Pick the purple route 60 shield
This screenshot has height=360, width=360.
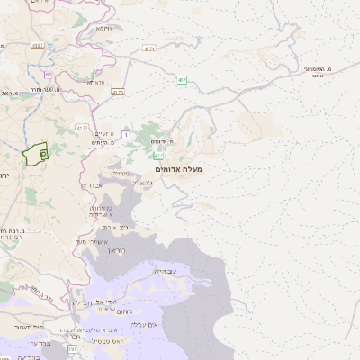click(x=48, y=75)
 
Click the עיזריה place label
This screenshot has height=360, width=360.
click(x=121, y=173)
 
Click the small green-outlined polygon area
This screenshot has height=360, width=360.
click(x=36, y=154)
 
